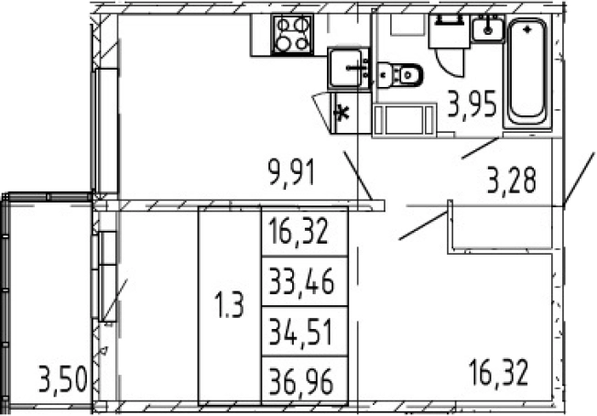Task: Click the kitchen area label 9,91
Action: [292, 172]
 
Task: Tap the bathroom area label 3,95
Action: [472, 104]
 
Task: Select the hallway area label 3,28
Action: [512, 180]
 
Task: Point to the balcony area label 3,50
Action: [63, 379]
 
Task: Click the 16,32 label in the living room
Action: [499, 372]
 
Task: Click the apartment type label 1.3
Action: [229, 305]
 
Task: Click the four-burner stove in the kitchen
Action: [292, 34]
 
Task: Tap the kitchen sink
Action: [348, 69]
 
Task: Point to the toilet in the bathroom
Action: [400, 75]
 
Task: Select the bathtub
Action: [527, 72]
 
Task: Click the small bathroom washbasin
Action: [488, 28]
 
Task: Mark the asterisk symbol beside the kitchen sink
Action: [342, 113]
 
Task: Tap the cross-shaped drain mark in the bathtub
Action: [527, 29]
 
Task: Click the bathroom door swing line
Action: [480, 148]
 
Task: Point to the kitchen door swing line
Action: [357, 175]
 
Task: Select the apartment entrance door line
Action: [579, 180]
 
